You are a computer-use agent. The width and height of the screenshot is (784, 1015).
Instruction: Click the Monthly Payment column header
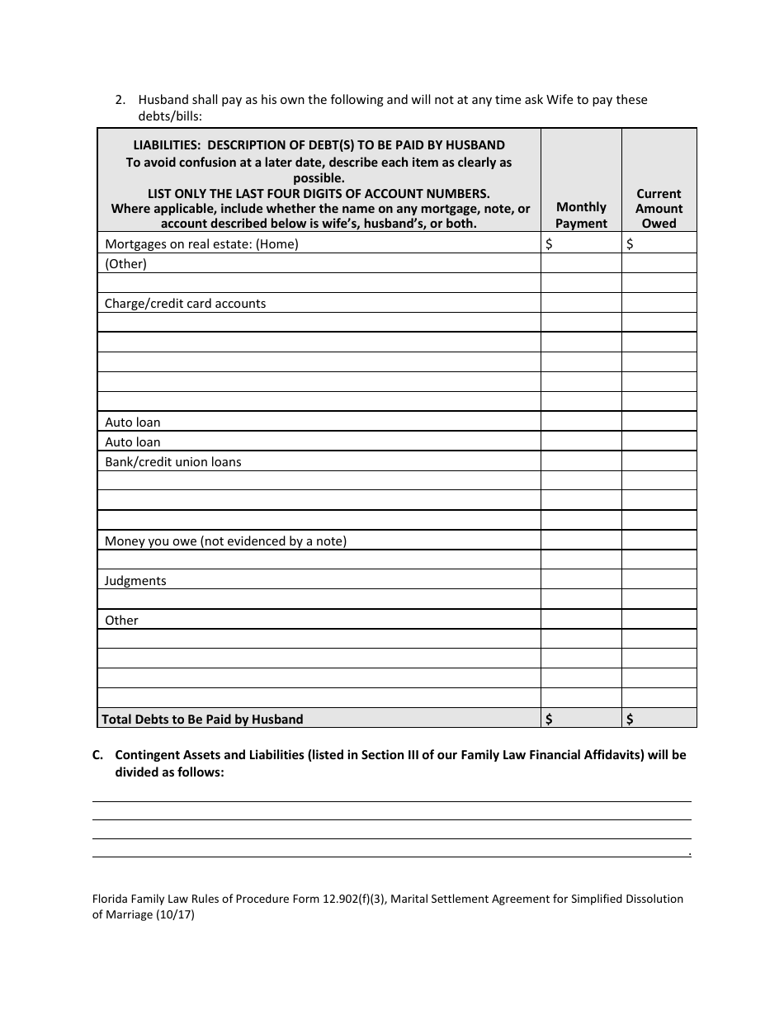581,215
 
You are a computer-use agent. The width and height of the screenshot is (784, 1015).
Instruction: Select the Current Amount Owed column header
659,208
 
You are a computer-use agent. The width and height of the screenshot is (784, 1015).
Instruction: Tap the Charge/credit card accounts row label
185,303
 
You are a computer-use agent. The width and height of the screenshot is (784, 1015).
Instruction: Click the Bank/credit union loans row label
172,461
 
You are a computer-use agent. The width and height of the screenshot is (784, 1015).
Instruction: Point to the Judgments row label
135,580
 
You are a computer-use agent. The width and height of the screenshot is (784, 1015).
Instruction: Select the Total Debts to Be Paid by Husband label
202,719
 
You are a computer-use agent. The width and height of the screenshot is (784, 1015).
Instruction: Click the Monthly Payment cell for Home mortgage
581,243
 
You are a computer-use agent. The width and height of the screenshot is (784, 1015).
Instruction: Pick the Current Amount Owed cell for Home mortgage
659,243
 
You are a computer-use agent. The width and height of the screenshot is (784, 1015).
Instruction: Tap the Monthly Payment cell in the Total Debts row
581,719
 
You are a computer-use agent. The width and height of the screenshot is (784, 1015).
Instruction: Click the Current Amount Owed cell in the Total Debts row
659,719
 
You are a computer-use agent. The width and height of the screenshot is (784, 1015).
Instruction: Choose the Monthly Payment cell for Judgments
581,580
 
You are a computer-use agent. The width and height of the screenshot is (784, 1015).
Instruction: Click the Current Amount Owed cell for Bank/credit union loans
659,461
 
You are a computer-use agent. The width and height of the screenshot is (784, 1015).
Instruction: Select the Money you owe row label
225,541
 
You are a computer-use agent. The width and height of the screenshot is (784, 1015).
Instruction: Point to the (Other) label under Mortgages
125,263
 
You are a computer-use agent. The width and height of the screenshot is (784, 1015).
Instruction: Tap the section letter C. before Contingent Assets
97,754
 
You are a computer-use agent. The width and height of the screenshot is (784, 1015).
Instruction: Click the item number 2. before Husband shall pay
120,100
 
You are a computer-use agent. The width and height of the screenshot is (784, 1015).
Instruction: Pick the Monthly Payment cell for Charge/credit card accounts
581,303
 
